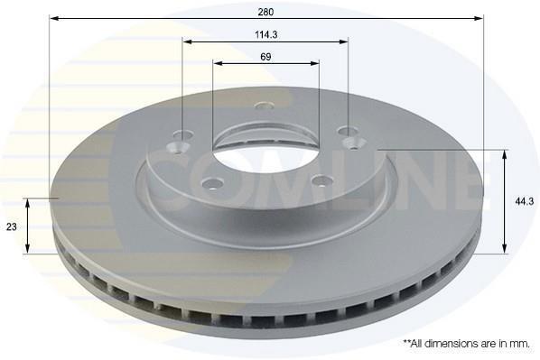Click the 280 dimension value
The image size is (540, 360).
(265, 12)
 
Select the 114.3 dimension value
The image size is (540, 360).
(266, 35)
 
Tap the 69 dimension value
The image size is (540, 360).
(265, 57)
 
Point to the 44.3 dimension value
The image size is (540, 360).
(524, 202)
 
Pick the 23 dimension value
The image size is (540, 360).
(12, 226)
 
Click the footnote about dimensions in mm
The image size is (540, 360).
(466, 343)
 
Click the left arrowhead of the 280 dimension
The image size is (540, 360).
(54, 18)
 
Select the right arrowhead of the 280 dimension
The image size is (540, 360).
(479, 18)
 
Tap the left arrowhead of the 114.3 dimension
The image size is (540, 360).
(187, 42)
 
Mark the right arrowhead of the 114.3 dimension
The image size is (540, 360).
(344, 42)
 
